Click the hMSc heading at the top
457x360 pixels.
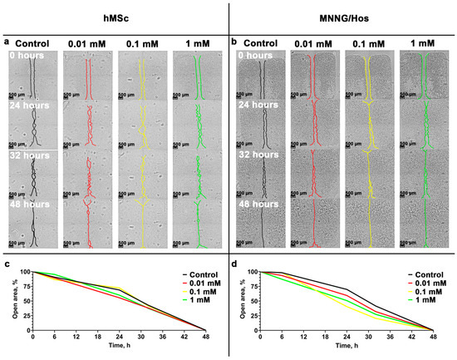click(x=113, y=16)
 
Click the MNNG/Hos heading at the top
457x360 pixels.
click(x=342, y=16)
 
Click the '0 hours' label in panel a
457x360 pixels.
click(x=27, y=57)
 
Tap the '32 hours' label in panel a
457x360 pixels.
click(x=29, y=155)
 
